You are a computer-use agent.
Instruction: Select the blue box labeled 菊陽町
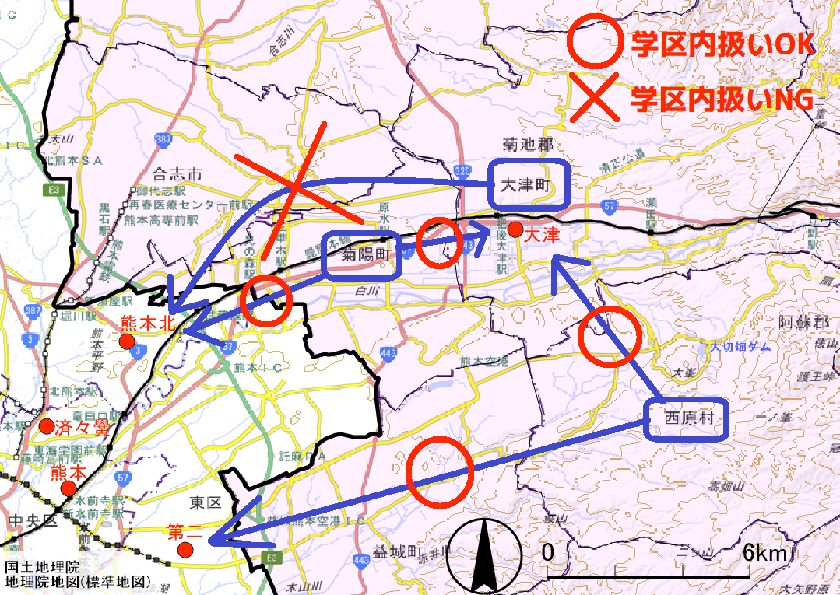pos(362,255)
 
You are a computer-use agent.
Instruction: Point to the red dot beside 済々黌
pos(47,426)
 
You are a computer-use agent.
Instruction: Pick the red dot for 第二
pos(185,550)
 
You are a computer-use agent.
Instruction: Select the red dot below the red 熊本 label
pos(69,489)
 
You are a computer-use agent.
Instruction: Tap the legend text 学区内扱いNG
pos(722,99)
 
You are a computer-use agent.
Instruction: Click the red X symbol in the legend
pos(594,99)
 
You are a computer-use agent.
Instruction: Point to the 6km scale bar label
pos(765,553)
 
